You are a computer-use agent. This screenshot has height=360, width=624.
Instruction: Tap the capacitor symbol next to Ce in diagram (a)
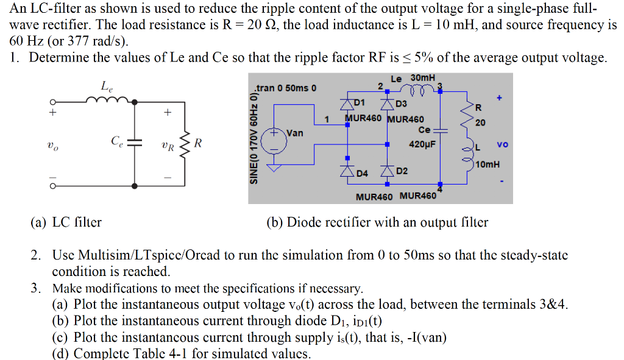(134, 143)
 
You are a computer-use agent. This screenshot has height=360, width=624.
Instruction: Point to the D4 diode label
(362, 174)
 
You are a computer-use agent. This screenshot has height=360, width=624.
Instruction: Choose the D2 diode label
(402, 171)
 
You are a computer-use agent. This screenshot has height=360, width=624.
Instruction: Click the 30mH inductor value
(423, 78)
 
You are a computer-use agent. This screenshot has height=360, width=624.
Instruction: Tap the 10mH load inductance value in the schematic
(487, 164)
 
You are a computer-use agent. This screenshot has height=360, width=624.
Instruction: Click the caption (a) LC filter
(66, 222)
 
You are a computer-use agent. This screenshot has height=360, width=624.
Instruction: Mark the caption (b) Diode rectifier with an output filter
(377, 222)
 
